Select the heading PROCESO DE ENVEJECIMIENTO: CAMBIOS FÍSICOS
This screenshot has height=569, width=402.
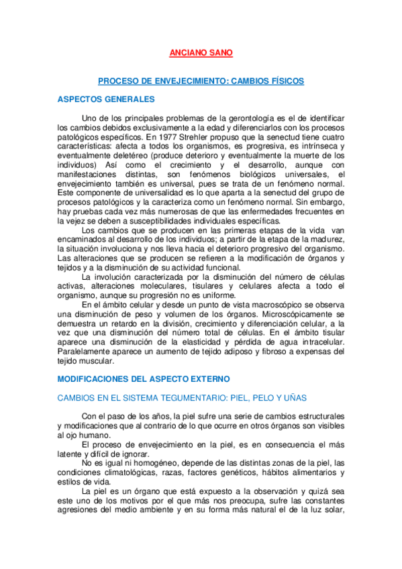point(201,81)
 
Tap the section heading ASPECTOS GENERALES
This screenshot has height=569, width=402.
point(106,99)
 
